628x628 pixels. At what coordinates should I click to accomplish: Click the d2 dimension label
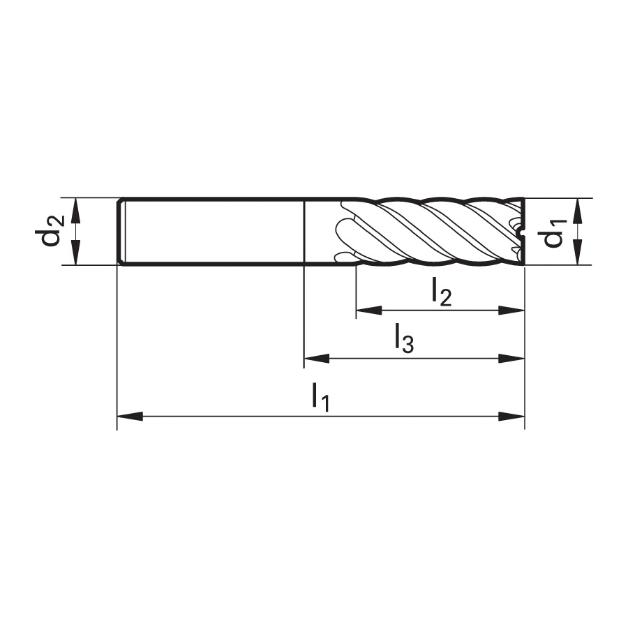(x=52, y=232)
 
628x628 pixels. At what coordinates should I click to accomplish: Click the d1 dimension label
(x=555, y=232)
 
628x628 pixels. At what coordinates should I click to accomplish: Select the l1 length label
(x=321, y=397)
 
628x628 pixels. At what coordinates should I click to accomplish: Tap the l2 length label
(x=442, y=292)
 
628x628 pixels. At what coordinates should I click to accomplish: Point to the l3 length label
(x=404, y=338)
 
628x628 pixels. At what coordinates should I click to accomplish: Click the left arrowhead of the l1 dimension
(x=130, y=417)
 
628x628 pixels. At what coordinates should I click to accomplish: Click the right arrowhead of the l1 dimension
(x=511, y=417)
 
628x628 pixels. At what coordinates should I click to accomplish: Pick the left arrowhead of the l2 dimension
(x=369, y=310)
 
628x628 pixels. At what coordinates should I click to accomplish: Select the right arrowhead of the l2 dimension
(x=511, y=310)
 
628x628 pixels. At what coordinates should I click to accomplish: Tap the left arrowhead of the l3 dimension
(x=317, y=359)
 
